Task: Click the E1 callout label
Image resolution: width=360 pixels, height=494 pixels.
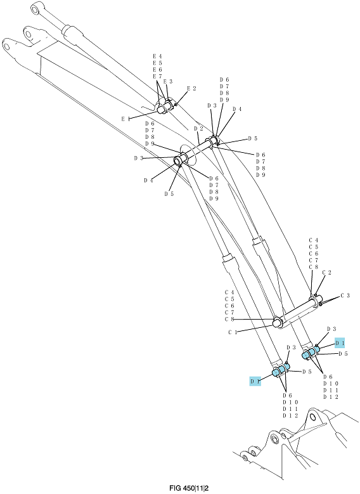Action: pos(125,119)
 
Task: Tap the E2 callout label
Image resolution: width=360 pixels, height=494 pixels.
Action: pos(191,89)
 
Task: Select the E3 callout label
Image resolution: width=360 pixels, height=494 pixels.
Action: pos(168,81)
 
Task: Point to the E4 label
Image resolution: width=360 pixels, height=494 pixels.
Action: pos(157,56)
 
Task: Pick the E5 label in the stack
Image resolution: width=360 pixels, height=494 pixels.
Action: pos(157,63)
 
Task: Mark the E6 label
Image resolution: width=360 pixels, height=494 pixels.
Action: pos(157,70)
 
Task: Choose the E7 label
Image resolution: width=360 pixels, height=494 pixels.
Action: pos(157,76)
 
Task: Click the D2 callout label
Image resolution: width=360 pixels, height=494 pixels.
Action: pos(198,129)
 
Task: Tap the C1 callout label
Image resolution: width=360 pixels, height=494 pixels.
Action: pos(233,332)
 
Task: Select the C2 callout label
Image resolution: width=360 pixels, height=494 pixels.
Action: pos(326,273)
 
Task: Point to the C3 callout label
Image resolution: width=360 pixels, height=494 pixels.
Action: pos(345,296)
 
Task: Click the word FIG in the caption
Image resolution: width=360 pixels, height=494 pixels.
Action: pos(174,488)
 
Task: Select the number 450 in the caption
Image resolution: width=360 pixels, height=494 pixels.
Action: pos(187,488)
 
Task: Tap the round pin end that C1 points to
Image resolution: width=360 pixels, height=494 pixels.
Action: pos(278,323)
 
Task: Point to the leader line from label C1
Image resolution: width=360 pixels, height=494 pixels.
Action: pos(255,329)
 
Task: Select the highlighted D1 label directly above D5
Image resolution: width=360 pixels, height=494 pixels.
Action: pos(340,342)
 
